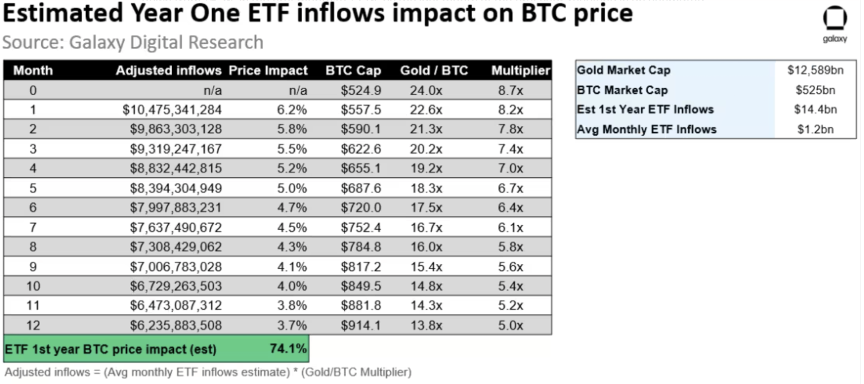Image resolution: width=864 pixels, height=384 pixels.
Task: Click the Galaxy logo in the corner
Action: [834, 23]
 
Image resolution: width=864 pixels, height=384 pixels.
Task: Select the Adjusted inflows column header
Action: [168, 71]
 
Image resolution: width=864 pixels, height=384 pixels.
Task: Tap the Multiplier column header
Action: [520, 71]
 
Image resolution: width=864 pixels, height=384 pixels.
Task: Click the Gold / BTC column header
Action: [434, 71]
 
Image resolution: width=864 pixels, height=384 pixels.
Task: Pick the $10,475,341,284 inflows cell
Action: [172, 110]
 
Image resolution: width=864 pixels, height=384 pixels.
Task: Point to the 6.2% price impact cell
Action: [292, 110]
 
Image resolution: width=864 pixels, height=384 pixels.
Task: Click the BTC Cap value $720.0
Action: [361, 208]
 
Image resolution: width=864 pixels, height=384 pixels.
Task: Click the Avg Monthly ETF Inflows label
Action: [646, 130]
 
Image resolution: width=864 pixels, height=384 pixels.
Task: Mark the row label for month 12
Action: [33, 325]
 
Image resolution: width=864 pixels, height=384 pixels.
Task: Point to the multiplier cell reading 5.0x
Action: [510, 325]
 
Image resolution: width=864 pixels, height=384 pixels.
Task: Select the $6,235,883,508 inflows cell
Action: [175, 325]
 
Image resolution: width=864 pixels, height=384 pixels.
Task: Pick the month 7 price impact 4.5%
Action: [292, 227]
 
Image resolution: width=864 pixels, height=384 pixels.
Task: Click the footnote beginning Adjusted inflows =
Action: [208, 372]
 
